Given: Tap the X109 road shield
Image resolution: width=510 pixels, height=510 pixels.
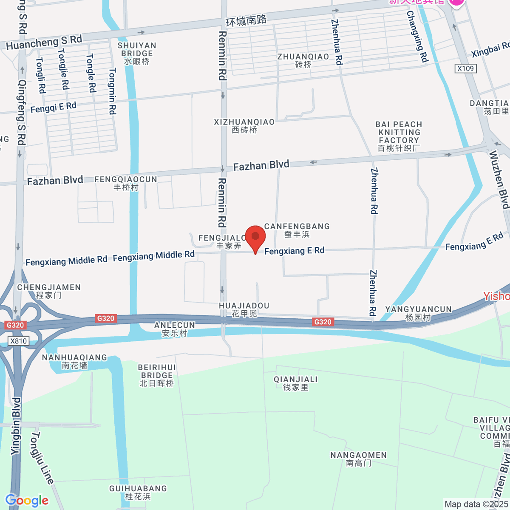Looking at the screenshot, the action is point(466,68).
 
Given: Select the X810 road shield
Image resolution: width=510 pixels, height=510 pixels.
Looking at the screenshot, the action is point(19,341).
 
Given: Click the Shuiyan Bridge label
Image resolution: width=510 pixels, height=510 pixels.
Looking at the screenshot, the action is point(137,53).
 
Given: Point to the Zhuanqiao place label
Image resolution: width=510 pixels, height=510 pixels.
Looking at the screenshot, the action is point(303,60).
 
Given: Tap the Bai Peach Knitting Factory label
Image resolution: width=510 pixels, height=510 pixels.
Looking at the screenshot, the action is point(399,136).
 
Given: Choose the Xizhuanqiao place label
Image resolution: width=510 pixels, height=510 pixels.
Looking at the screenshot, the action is point(244,126).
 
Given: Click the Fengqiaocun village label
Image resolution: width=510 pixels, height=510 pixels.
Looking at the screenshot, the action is point(126,183).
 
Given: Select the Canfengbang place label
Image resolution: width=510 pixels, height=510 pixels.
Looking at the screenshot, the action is point(297,230).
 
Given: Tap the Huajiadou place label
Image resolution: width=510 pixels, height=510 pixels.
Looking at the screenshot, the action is point(244,310).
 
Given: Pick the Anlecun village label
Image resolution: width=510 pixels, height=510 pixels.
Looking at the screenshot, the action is point(174,329).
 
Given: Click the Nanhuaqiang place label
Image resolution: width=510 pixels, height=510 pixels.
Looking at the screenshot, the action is point(74,361).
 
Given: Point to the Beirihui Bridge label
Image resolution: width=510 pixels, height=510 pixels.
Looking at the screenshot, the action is point(157,375).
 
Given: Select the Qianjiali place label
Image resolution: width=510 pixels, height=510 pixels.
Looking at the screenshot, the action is point(296,383).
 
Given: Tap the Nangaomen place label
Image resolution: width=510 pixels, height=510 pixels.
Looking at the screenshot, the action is point(359,459).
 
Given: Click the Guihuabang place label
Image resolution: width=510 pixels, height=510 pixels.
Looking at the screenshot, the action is point(138,493).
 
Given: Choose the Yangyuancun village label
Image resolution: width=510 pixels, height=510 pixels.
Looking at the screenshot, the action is point(418,313).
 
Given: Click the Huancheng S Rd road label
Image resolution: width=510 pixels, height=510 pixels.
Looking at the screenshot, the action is point(44,42).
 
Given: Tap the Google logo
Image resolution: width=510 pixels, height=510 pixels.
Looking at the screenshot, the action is point(27,501).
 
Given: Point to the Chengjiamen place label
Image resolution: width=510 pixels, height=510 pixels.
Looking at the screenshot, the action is point(49,291).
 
